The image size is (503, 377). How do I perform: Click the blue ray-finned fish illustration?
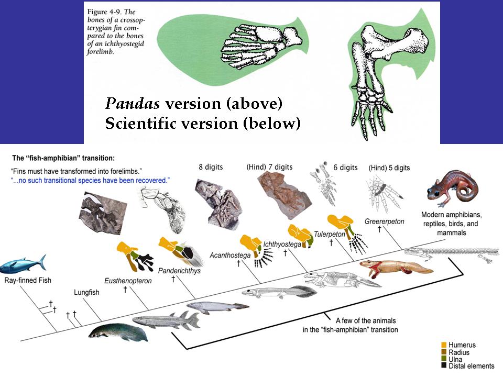point(23,264)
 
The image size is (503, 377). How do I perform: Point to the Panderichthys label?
point(179,271)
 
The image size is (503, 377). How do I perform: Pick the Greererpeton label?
point(384,221)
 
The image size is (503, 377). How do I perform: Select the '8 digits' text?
point(211,167)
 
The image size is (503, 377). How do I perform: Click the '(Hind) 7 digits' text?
point(269,167)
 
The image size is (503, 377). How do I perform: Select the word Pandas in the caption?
point(133,104)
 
